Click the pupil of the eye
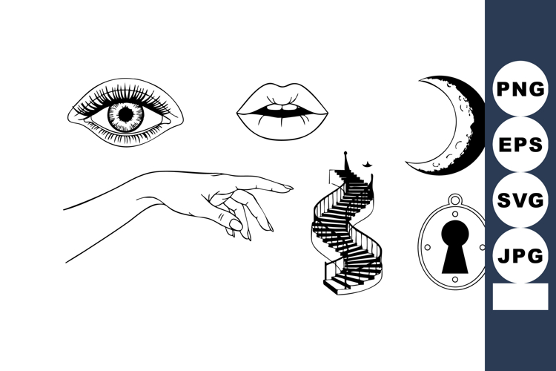point(126,115)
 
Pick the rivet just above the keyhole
point(452,214)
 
